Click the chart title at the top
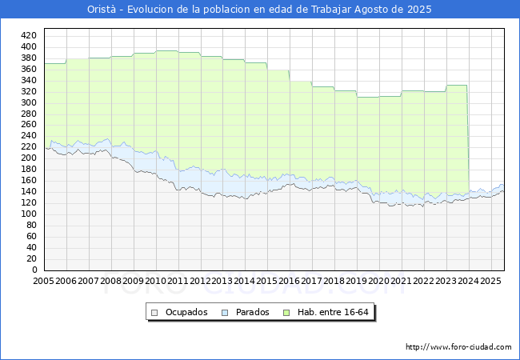260,10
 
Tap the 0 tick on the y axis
34,270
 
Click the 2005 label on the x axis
44,282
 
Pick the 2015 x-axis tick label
267,282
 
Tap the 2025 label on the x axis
490,282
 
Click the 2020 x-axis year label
379,282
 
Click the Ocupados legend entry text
186,312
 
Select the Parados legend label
253,312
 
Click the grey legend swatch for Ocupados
155,312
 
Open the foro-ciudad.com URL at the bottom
458,347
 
